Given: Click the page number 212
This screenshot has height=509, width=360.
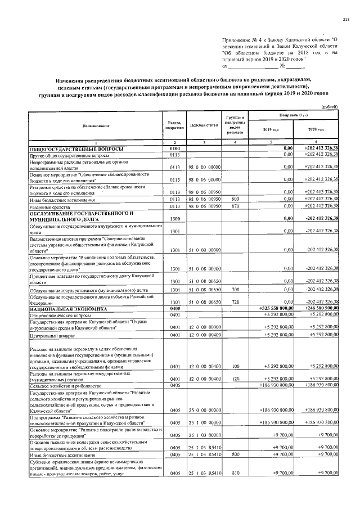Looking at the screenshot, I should (x=346, y=20).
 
